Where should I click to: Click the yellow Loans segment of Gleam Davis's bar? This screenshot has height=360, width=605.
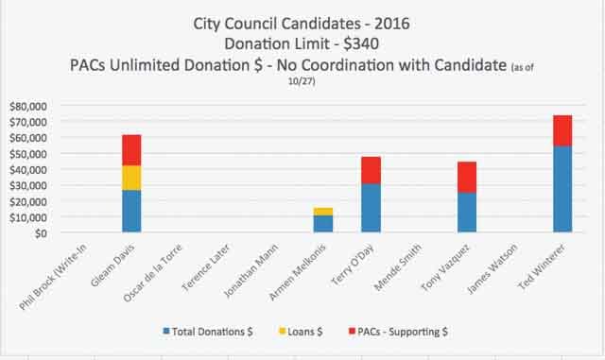click(131, 178)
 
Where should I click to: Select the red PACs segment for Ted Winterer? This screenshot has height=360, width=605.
click(562, 130)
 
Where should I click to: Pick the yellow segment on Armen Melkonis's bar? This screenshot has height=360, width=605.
click(323, 211)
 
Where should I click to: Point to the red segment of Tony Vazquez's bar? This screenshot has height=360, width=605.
click(467, 177)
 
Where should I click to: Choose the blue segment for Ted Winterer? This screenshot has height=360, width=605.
click(562, 189)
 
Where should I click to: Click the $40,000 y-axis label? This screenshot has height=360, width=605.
click(29, 169)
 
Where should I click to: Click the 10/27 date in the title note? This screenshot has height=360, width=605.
click(302, 82)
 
